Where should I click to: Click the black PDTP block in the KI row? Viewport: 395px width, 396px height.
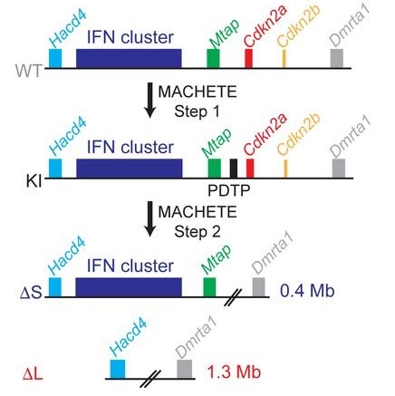[234, 169]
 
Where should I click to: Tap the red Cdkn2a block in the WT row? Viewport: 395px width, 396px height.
[248, 59]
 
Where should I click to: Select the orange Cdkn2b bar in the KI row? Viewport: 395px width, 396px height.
[285, 169]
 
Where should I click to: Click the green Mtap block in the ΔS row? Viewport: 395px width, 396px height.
[209, 287]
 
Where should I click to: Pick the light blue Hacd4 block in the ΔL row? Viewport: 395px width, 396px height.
[118, 369]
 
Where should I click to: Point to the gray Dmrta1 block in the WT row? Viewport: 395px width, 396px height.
[337, 59]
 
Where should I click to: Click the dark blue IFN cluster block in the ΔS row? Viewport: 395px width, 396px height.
[129, 287]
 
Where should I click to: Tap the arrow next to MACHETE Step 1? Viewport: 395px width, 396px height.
[149, 100]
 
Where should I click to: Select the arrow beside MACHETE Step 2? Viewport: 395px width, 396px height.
[149, 219]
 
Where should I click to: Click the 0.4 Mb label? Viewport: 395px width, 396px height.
[307, 291]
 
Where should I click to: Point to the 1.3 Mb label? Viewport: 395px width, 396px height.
[234, 372]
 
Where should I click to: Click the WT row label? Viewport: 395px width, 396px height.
[28, 72]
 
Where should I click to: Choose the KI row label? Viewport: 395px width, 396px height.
[34, 181]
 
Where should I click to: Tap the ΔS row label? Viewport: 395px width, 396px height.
[31, 293]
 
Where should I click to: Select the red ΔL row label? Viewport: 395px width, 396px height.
[33, 374]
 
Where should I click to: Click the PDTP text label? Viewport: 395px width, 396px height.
[229, 190]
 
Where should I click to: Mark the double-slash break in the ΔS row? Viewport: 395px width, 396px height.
[233, 297]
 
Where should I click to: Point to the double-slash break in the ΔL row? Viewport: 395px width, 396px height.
[150, 379]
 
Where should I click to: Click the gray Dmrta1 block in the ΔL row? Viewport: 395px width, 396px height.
[185, 369]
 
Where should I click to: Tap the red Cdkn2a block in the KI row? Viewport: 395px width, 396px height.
[250, 169]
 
